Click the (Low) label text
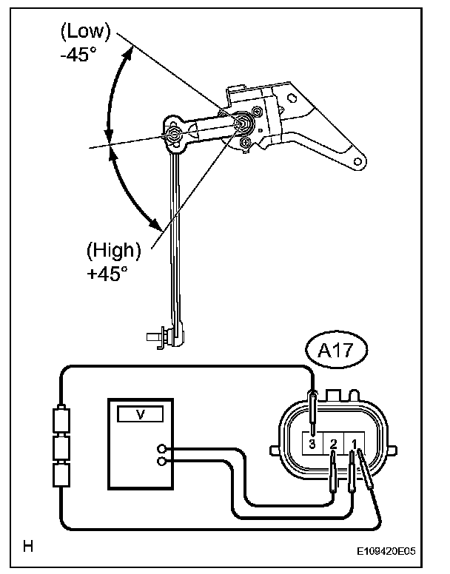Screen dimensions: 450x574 pos(85,32)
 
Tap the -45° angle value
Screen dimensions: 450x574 pos(78,55)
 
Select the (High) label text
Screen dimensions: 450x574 pos(113,251)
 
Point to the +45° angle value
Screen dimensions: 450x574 pos(107,273)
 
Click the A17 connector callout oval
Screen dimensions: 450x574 pos(336,350)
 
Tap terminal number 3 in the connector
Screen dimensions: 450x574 pos(312,444)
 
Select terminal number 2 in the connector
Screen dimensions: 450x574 pos(333,444)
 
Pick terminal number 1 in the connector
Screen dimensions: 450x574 pos(354,444)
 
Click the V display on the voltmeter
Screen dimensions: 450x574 pos(140,414)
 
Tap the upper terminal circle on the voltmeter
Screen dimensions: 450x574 pos(161,448)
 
